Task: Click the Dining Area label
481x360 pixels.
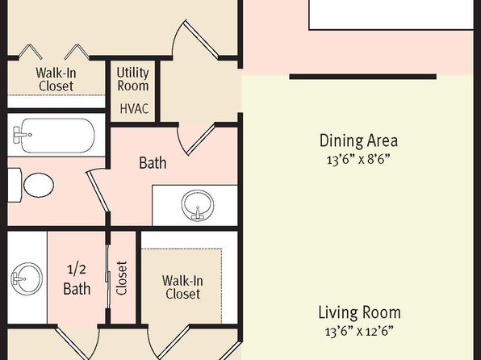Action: coord(358,140)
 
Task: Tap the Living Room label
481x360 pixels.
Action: coord(359,312)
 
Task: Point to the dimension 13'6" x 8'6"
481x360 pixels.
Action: coord(358,160)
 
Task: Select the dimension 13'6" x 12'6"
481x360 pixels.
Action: coord(359,331)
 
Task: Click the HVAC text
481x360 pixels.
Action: coord(134,109)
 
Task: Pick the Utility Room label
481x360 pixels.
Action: coord(133,79)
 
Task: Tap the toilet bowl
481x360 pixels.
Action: coord(39,185)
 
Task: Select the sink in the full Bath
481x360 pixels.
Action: coord(197,205)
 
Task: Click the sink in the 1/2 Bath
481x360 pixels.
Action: coord(27,279)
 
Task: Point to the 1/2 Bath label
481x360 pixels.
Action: coord(77,279)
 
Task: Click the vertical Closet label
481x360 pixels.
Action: coord(122,278)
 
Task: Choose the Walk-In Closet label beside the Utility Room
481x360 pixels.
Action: coord(56,79)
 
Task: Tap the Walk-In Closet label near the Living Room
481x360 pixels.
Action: coord(182,287)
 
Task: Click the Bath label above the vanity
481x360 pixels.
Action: coord(153,163)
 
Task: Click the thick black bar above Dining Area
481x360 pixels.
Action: coord(363,77)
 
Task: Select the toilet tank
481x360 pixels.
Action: coord(15,185)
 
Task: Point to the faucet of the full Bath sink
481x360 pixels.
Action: coord(198,213)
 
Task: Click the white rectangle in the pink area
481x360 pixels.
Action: coord(391,15)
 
